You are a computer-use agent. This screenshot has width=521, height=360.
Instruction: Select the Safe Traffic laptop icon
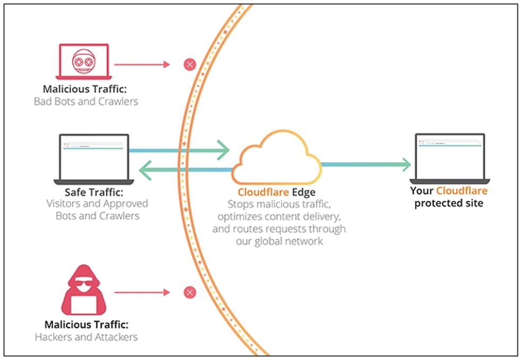click(x=94, y=158)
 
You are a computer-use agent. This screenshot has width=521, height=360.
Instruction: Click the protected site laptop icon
click(x=450, y=158)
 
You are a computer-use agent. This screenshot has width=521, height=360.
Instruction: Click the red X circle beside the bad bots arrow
click(x=190, y=65)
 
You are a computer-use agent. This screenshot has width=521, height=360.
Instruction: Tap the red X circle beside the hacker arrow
click(x=190, y=292)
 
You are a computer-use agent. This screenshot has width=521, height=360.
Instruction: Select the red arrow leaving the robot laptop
click(x=142, y=65)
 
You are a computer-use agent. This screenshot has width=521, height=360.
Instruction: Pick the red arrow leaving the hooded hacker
click(x=142, y=292)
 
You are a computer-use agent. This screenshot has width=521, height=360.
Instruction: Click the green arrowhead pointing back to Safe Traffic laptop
click(x=147, y=170)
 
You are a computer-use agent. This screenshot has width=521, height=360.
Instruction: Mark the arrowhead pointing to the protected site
click(x=405, y=164)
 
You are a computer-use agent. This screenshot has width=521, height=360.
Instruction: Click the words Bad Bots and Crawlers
click(x=86, y=101)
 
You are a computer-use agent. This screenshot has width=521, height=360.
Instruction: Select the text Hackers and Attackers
click(x=86, y=337)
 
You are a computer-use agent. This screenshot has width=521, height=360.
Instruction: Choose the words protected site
click(x=449, y=204)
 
